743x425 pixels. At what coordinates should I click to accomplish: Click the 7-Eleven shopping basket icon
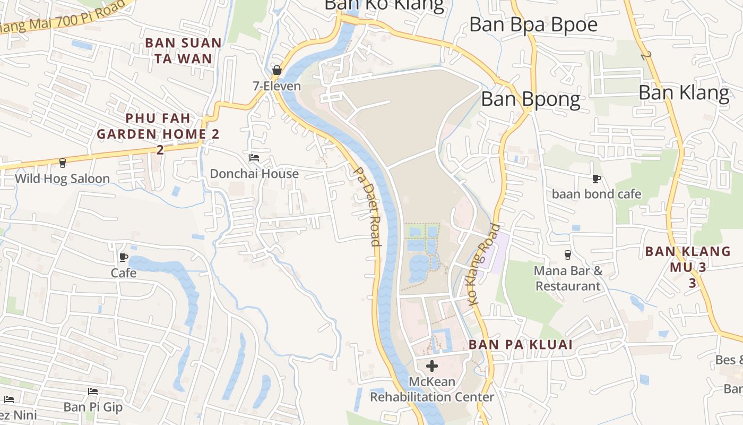277,70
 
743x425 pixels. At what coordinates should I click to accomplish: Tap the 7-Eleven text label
277,86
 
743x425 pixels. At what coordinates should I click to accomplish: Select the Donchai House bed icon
254,158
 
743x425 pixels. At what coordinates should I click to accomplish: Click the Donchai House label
254,174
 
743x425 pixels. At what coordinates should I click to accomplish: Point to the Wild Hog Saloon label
62,178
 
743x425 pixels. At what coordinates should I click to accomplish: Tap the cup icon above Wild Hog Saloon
62,163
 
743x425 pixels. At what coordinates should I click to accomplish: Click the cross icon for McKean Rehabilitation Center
432,365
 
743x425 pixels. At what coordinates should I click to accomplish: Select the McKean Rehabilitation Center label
432,389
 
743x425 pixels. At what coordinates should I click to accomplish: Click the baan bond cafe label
597,194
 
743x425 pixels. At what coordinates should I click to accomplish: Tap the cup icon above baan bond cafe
596,178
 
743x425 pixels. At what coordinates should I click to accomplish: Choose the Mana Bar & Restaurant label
568,278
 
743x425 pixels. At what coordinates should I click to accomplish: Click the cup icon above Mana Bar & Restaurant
567,254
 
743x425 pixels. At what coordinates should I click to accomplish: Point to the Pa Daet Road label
367,207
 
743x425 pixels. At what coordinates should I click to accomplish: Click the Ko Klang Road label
485,264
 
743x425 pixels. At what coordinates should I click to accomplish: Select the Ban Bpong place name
530,99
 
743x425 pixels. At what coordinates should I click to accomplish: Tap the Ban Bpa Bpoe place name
533,24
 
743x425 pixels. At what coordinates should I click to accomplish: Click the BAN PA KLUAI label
520,345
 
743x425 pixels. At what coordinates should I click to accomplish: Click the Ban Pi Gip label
93,407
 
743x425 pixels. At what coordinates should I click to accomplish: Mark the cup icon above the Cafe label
124,258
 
